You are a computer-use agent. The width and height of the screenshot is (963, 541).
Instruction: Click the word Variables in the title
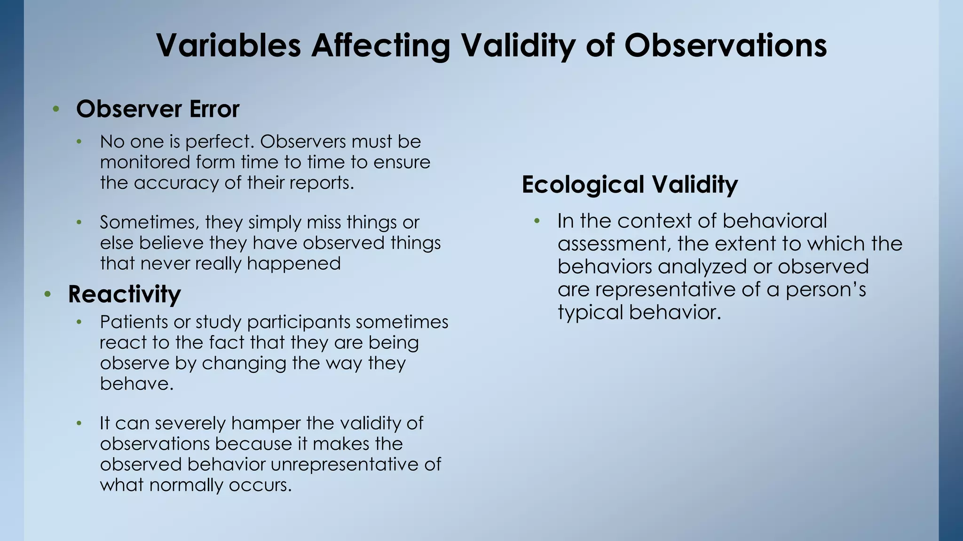coord(228,46)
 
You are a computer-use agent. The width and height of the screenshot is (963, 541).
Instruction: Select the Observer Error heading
coord(158,109)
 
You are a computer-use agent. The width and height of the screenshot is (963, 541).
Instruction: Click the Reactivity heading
coord(124,294)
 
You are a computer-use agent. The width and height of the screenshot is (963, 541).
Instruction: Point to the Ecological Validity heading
coord(630,184)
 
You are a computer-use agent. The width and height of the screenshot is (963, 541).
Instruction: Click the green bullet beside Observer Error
coord(56,109)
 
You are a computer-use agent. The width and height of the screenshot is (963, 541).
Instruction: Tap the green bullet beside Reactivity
coord(47,294)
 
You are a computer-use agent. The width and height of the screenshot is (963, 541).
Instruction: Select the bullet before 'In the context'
coord(537,221)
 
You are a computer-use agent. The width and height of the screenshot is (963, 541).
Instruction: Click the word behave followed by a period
coord(136,384)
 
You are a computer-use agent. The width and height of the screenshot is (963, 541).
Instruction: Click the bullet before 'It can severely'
coord(79,424)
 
